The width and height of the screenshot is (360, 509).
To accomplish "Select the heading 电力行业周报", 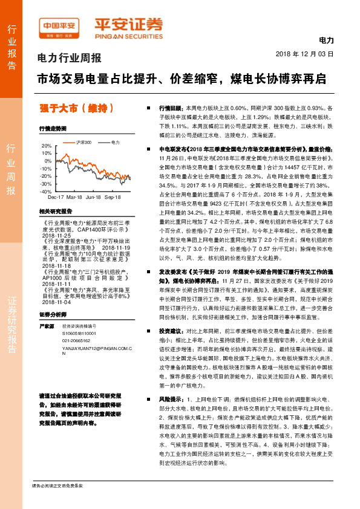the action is [x=70, y=59].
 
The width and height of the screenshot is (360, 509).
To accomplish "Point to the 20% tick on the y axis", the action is [x=47, y=146].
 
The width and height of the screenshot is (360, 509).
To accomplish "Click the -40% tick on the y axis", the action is [x=46, y=191].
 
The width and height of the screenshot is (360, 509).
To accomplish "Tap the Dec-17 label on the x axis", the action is [x=56, y=198].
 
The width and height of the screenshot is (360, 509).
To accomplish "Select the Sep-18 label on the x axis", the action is [x=114, y=198].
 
